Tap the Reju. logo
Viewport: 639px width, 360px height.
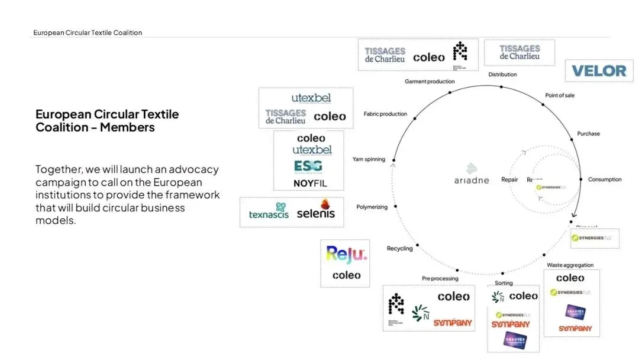pos(347,255)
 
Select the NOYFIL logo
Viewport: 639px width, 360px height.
pos(309,184)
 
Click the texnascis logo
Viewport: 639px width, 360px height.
pos(269,213)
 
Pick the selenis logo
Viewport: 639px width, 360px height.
pos(315,212)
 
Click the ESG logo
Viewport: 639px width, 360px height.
pos(308,166)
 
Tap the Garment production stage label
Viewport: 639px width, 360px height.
pos(430,81)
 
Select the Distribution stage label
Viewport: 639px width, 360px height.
pos(502,75)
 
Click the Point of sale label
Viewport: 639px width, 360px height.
pos(559,95)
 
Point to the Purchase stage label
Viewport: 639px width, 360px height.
pos(588,133)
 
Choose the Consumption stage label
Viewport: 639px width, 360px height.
pos(605,179)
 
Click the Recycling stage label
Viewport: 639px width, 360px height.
pos(399,249)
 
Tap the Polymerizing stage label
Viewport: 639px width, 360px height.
pos(372,207)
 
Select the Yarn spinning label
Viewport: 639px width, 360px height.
pos(369,159)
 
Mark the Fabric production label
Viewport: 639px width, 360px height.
pos(385,114)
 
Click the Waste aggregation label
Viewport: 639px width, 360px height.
pos(570,265)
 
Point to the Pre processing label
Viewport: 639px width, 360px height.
pos(440,278)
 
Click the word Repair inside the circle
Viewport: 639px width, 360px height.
pos(509,179)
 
